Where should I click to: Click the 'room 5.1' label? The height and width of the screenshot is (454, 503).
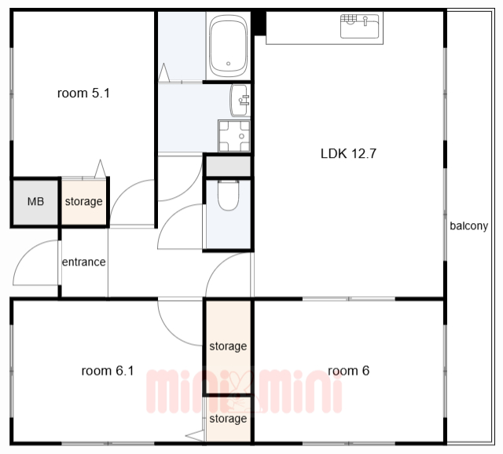[83, 93]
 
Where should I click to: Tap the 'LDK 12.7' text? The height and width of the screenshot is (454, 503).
[348, 154]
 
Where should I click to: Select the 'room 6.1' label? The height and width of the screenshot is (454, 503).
[108, 371]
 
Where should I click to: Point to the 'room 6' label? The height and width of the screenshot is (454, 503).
[349, 371]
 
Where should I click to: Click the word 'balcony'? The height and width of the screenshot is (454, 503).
[468, 226]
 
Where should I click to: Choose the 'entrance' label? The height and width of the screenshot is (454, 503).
[84, 262]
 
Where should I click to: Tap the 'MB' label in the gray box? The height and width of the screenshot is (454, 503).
[35, 201]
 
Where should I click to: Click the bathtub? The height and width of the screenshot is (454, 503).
[229, 46]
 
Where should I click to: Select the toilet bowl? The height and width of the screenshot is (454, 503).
[229, 196]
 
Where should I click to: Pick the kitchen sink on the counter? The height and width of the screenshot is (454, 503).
[362, 26]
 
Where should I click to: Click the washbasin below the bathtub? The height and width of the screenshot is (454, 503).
[239, 101]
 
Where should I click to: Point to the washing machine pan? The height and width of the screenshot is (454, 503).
[234, 136]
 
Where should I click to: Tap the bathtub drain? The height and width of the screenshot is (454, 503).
[229, 64]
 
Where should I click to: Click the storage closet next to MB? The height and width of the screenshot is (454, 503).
[84, 202]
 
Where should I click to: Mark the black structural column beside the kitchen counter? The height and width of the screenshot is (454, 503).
[260, 23]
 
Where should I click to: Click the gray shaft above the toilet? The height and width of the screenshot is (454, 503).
[229, 166]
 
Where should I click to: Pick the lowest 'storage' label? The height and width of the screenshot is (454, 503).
[228, 419]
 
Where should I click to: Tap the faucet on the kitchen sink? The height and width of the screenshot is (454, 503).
[365, 21]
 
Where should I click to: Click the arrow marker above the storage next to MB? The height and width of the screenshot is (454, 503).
[100, 169]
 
